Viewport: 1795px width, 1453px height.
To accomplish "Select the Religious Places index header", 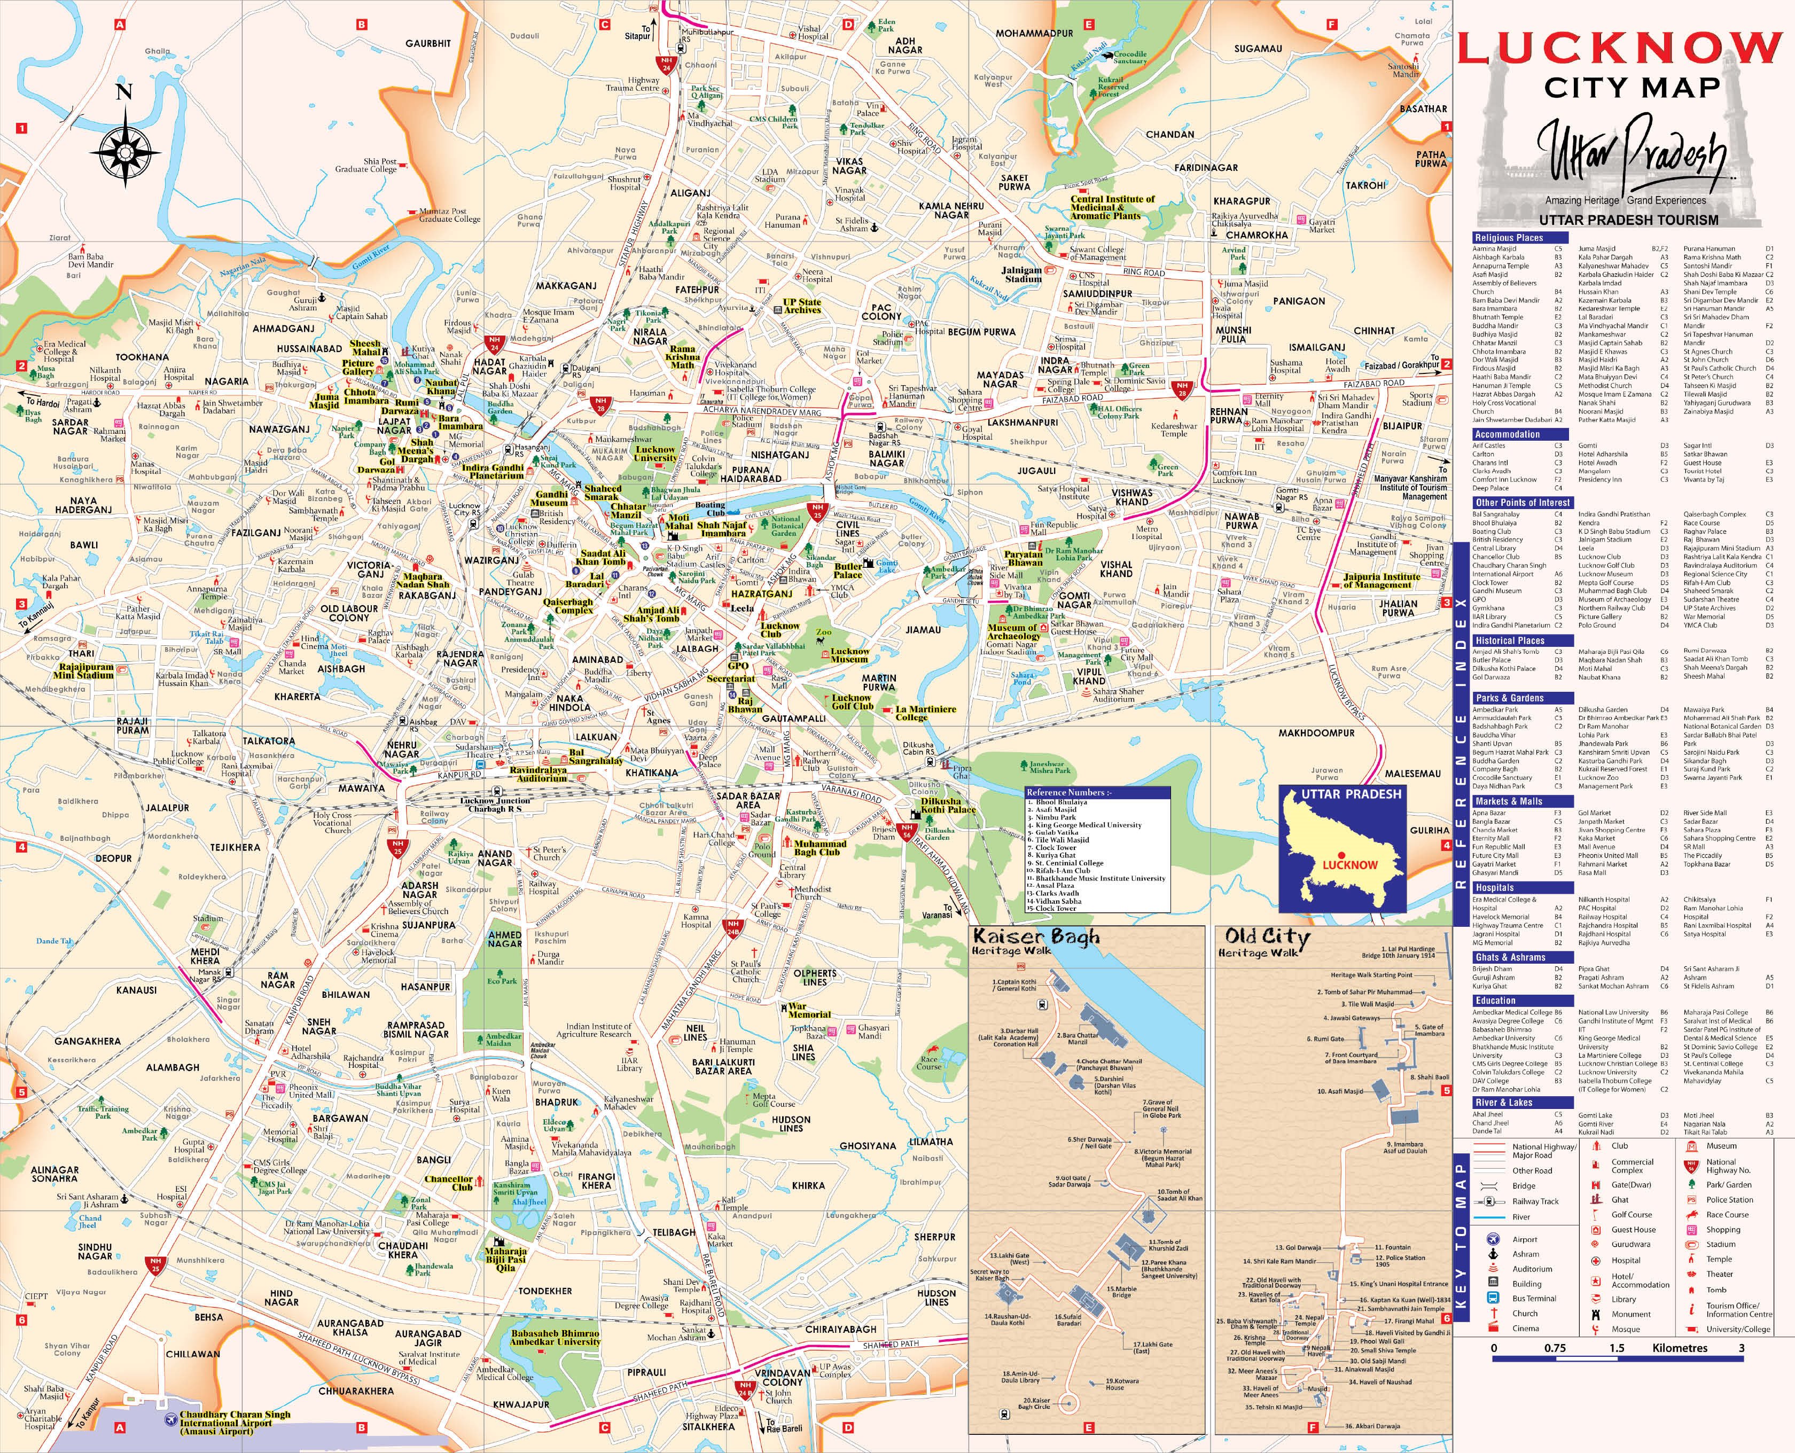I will [1508, 238].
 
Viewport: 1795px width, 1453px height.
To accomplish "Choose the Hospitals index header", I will [1495, 887].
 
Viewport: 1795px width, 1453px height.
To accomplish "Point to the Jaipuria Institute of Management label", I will [1382, 581].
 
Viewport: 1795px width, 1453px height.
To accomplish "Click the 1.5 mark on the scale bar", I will [1616, 1348].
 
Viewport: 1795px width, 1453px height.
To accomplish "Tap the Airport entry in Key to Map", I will [1525, 1239].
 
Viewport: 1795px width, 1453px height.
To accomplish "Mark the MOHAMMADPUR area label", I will [1034, 34].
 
